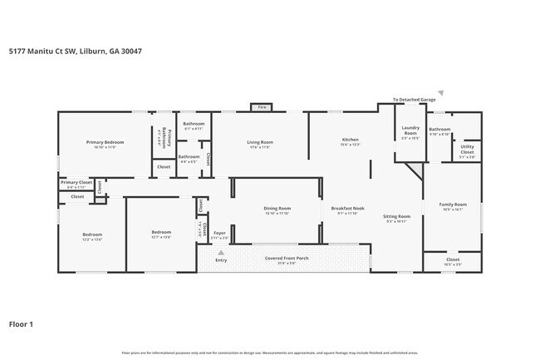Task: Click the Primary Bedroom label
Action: [99, 142]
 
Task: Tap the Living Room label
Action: [260, 142]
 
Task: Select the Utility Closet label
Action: [468, 150]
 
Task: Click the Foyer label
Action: [219, 233]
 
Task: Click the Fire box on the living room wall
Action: [261, 107]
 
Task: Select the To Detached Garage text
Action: [414, 99]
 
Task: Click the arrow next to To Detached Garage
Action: [441, 93]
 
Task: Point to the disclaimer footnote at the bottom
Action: [269, 352]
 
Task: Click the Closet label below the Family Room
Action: [453, 260]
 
